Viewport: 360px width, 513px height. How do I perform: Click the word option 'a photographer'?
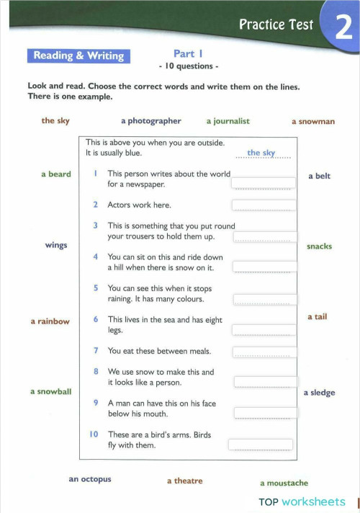coord(151,121)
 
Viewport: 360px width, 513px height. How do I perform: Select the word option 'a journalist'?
coord(228,121)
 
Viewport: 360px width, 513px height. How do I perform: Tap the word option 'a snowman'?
coord(312,122)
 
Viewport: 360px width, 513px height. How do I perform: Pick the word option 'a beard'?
coord(55,174)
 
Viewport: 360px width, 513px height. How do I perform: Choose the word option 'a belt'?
coord(319,176)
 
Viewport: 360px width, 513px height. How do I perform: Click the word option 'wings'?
coord(55,245)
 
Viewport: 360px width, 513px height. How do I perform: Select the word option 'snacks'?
coord(319,246)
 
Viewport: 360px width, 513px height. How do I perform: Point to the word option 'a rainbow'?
coord(50,321)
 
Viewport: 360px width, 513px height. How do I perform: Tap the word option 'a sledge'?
coord(319,393)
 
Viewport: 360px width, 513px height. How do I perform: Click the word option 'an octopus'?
coord(90,479)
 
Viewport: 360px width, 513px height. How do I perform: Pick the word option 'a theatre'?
coord(184,481)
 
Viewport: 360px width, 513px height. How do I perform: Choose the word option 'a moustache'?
coord(284,483)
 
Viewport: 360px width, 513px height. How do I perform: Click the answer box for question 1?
coord(263,182)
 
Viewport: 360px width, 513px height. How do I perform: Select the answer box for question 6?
coord(264,329)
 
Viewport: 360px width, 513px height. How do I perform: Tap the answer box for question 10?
coord(261,444)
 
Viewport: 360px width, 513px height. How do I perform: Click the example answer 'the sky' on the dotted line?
coord(261,153)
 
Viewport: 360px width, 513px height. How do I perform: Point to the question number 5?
coord(96,287)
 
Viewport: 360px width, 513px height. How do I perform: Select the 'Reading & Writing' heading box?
coord(78,55)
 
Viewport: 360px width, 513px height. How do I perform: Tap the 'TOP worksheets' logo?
coord(302,501)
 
